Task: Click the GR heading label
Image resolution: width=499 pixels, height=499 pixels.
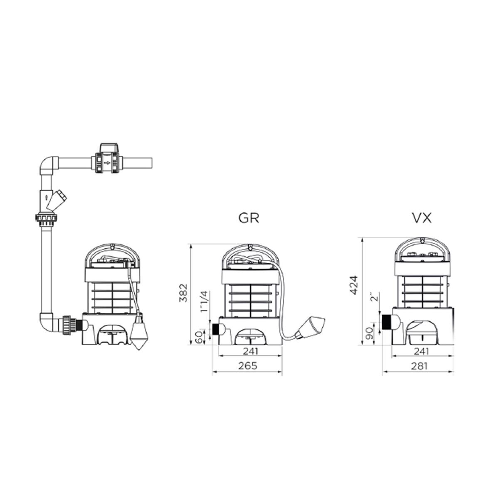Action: click(x=248, y=218)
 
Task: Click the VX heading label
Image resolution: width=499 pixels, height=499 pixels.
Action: click(x=422, y=218)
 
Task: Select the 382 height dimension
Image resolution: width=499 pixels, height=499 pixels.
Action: click(x=183, y=293)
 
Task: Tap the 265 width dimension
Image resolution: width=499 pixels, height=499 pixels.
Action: click(x=248, y=366)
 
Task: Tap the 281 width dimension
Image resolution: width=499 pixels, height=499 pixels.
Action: click(x=419, y=366)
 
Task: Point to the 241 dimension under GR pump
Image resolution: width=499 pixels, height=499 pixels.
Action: click(x=251, y=351)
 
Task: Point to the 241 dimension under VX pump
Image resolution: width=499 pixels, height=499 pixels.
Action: click(x=421, y=351)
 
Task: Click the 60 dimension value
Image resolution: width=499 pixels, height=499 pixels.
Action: click(x=199, y=337)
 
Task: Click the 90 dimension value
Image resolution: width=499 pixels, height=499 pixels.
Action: click(x=370, y=333)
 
